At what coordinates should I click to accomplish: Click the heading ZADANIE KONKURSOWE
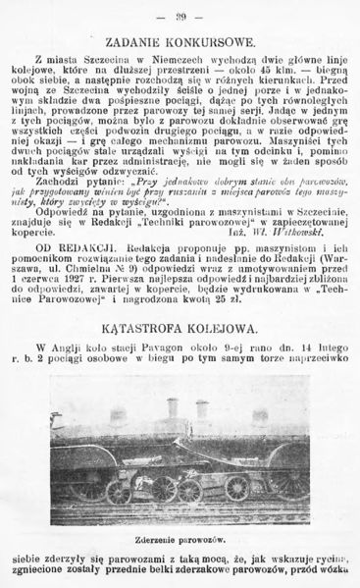pos(180,42)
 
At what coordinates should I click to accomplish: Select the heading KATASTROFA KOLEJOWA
pos(180,328)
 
